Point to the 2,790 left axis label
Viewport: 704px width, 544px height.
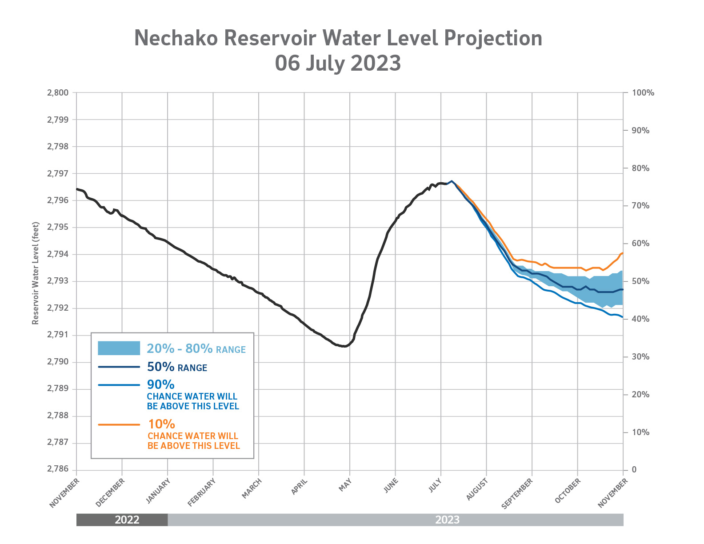click(58, 362)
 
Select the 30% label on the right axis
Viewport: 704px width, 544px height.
click(640, 357)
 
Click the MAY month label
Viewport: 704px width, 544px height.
click(345, 484)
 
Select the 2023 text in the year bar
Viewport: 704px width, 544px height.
click(447, 520)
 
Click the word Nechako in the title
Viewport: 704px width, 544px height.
click(176, 38)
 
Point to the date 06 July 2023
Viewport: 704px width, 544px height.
click(338, 63)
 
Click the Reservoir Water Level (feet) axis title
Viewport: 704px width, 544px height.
click(36, 273)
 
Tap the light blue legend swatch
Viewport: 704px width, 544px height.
click(119, 348)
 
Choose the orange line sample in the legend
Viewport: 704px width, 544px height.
click(119, 425)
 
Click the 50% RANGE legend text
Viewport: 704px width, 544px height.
click(177, 367)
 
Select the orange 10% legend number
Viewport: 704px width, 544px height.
click(161, 424)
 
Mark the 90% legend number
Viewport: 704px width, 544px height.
click(160, 384)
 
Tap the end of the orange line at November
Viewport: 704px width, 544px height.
click(623, 253)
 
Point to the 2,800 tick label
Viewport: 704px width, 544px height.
click(58, 93)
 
